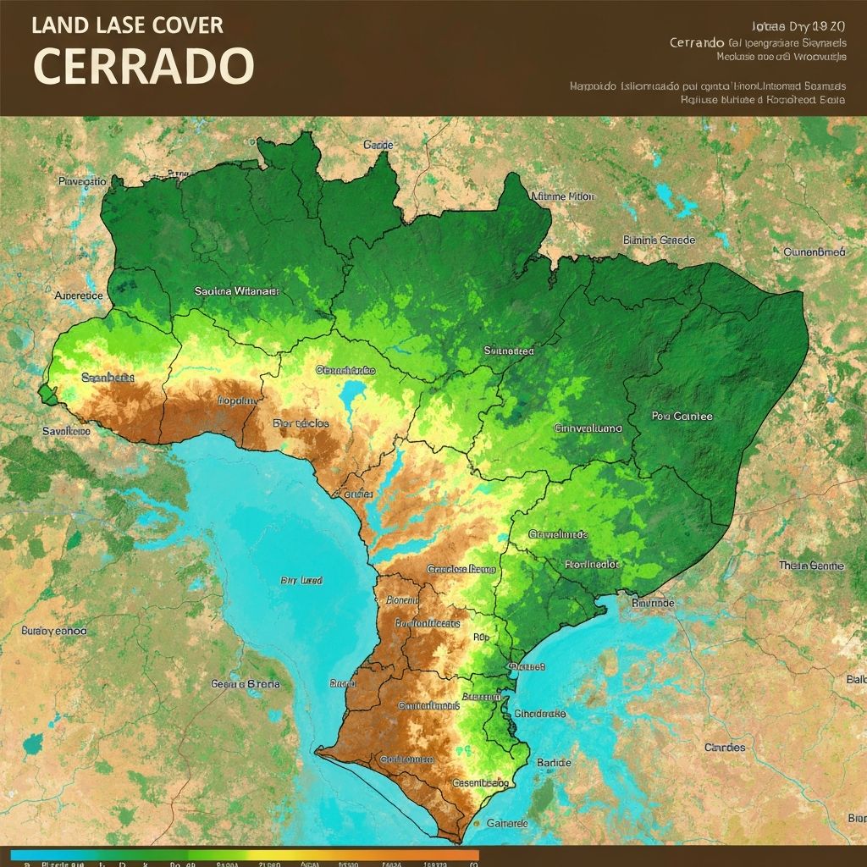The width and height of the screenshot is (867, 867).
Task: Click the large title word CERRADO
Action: coord(144,65)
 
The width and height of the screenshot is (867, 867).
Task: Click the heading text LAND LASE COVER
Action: coord(128,25)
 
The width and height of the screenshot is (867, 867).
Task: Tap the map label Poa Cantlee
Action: coord(682,416)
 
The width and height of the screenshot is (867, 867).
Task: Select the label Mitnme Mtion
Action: coord(562,196)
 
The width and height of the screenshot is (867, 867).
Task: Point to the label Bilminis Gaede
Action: coord(659,240)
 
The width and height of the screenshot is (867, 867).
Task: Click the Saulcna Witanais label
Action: coord(236,290)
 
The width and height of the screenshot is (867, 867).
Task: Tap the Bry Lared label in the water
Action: coord(301,581)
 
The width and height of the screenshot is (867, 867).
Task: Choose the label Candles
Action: coord(725,747)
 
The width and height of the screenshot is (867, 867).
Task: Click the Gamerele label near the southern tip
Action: coord(506,823)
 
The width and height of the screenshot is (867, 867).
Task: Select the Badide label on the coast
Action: coord(554,762)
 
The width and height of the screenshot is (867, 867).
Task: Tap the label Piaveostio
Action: coord(82,181)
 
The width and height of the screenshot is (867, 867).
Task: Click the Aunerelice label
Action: coord(79,295)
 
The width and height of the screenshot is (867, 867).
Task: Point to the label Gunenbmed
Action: coord(814,251)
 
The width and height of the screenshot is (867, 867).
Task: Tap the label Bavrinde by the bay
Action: coord(653,603)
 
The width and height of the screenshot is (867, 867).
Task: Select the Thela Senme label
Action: coord(810,565)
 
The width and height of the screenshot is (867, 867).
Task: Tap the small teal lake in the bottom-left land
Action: coord(33,744)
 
